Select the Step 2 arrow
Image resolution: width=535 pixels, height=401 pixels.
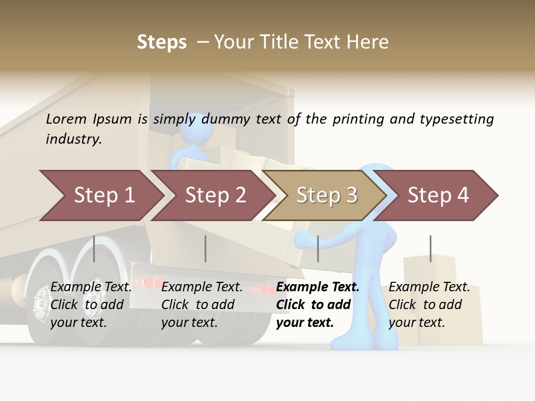click(214, 195)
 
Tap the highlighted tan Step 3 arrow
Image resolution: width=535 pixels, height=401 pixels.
click(325, 195)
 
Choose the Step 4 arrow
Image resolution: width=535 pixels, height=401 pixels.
click(438, 195)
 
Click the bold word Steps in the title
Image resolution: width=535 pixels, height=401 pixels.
click(162, 42)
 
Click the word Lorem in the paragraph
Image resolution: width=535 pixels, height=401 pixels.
click(67, 119)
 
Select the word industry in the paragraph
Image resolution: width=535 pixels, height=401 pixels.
click(73, 139)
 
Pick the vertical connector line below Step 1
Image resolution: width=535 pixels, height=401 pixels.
click(94, 248)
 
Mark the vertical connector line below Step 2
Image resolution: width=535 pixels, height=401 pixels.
click(206, 248)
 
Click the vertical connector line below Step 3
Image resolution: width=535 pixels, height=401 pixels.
click(318, 248)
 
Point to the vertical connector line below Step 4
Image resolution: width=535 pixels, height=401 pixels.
click(430, 248)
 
